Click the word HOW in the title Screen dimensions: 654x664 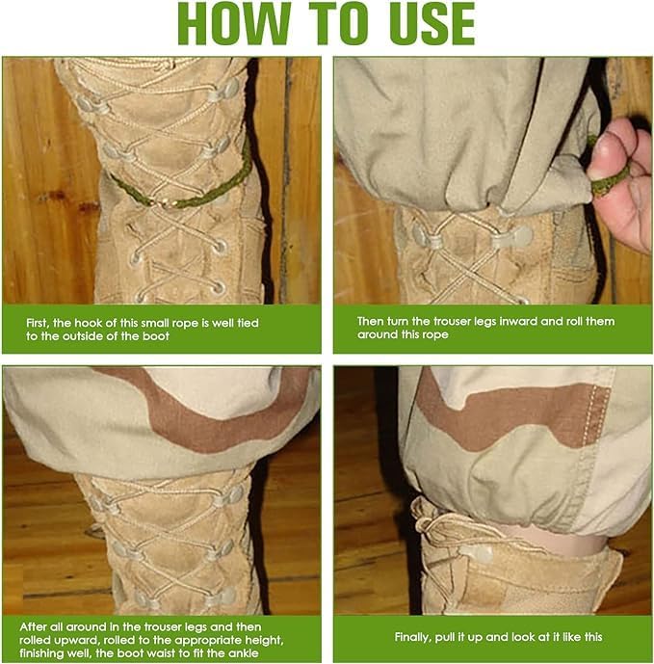point(235,23)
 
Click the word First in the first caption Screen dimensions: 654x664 point(38,323)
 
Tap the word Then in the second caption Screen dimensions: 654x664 point(371,322)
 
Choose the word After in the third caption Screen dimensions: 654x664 point(33,626)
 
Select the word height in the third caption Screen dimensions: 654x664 point(264,640)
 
